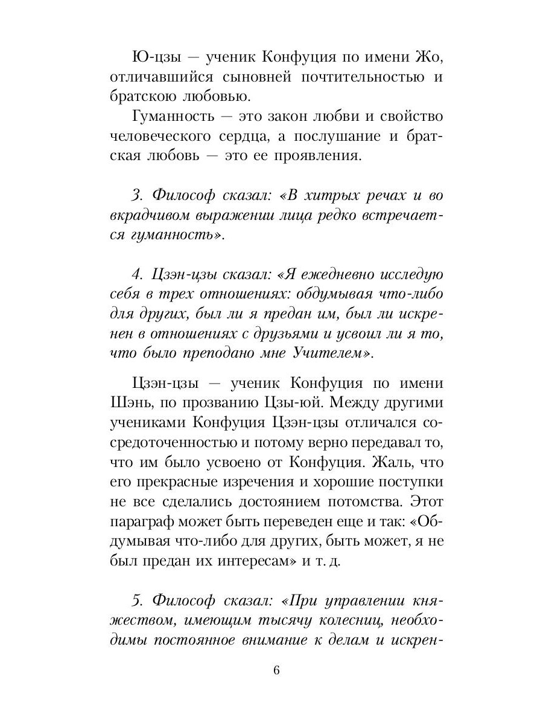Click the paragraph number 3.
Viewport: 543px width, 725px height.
136,196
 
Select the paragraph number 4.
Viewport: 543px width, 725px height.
136,275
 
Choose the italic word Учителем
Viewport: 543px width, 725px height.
329,354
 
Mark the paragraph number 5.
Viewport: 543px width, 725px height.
136,601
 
